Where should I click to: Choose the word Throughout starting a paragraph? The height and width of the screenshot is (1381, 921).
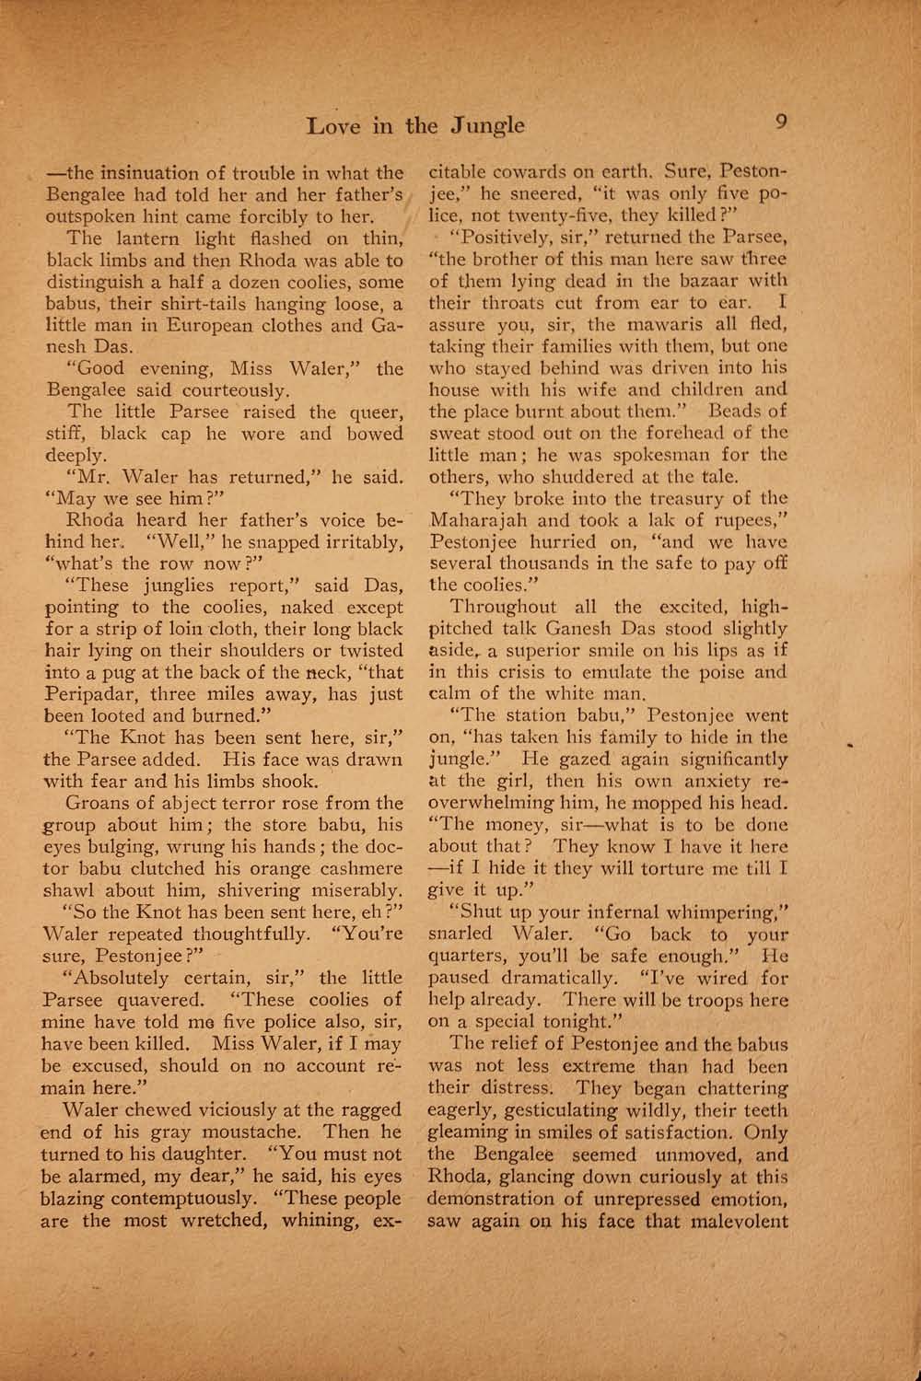(503, 607)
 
